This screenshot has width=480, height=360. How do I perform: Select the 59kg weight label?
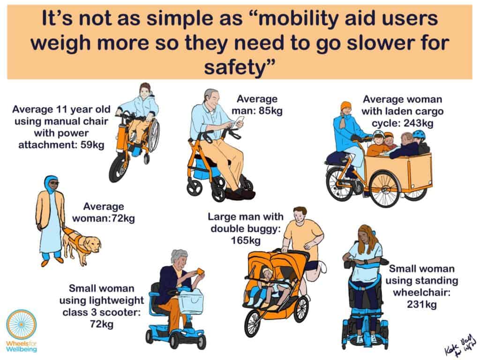point(91,145)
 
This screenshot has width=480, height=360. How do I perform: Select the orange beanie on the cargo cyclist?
point(346,106)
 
